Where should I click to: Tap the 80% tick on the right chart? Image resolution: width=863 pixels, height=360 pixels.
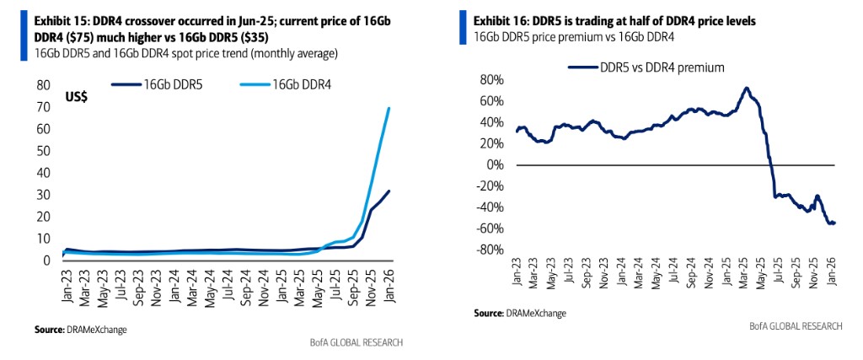coord(492,80)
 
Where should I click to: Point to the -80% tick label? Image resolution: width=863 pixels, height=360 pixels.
coord(490,250)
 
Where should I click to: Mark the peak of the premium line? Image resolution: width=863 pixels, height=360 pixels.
coord(746,88)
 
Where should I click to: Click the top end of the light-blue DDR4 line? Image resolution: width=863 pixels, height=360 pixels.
coord(388,108)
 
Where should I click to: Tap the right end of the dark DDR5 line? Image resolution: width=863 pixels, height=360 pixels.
coord(388,191)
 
